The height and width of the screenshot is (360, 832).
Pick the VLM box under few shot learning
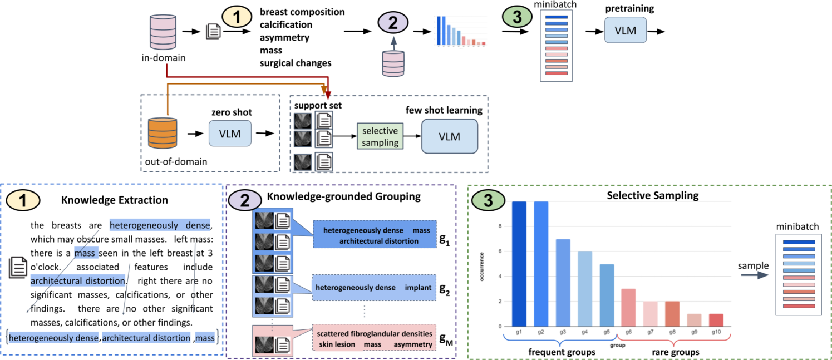click(449, 136)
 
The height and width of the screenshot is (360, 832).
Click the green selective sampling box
click(380, 136)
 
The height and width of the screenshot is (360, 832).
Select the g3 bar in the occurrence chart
click(563, 283)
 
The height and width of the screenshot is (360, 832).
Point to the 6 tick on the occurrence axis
click(500, 251)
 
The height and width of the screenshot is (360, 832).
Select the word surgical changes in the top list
click(295, 63)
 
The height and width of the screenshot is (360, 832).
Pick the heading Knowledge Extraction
click(114, 200)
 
